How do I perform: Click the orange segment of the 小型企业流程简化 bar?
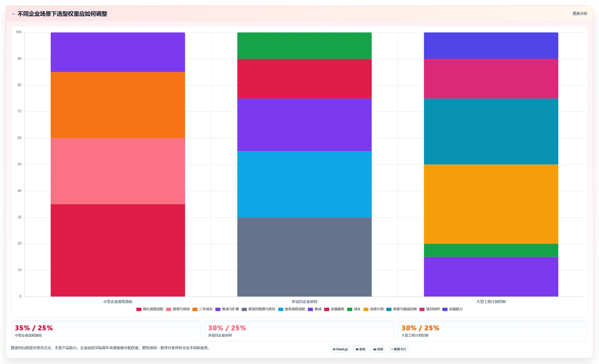[x=118, y=105]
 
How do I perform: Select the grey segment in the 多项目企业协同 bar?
[x=304, y=257]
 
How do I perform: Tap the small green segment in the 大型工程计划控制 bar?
[x=491, y=250]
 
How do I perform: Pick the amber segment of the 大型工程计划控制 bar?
[x=491, y=204]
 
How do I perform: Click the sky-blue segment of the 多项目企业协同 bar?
[x=304, y=184]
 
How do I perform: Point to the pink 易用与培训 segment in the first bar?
[x=118, y=171]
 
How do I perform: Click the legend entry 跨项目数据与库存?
[x=259, y=309]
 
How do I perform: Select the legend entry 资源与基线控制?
[x=401, y=309]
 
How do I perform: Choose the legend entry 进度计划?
[x=373, y=309]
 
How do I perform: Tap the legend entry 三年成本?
[x=202, y=309]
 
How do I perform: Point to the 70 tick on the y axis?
[x=19, y=111]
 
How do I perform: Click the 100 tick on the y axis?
[x=18, y=32]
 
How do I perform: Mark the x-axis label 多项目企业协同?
[x=304, y=302]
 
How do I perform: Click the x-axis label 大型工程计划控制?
[x=491, y=302]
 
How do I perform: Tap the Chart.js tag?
[x=340, y=349]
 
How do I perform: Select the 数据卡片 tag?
[x=399, y=349]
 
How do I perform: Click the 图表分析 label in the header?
[x=580, y=13]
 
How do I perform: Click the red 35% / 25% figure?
[x=34, y=328]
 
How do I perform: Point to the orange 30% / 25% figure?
[x=420, y=328]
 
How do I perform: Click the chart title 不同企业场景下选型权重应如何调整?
[x=62, y=14]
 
